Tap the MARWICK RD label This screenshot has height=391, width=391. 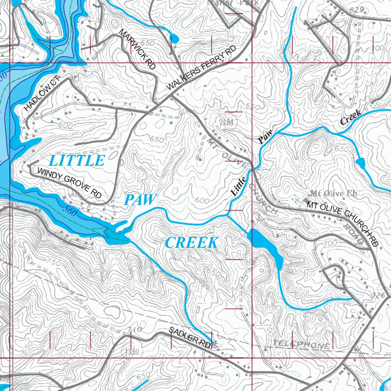pyautogui.click(x=138, y=49)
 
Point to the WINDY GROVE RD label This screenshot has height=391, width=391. pyautogui.click(x=69, y=183)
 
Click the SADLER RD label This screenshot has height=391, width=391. pyautogui.click(x=190, y=337)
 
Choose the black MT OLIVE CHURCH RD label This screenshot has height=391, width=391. pyautogui.click(x=343, y=223)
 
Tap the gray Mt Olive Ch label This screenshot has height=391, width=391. pyautogui.click(x=334, y=194)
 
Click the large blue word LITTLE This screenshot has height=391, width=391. pyautogui.click(x=77, y=161)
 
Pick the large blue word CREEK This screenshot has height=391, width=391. pyautogui.click(x=192, y=242)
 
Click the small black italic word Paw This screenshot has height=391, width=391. pyautogui.click(x=265, y=137)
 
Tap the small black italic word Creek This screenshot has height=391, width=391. pyautogui.click(x=351, y=117)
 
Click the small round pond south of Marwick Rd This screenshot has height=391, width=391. pyautogui.click(x=174, y=38)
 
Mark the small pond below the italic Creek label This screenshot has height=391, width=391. pyautogui.click(x=360, y=163)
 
